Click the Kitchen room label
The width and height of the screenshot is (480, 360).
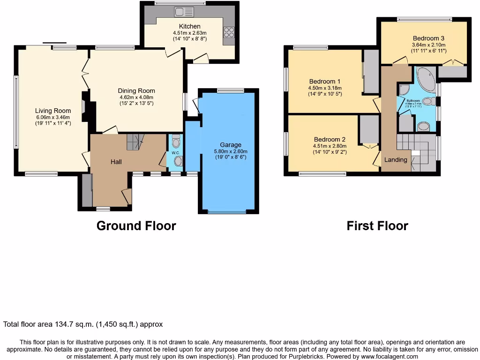point(189,26)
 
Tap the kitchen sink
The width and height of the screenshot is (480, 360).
point(180,12)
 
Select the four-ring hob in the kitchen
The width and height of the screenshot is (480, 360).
point(229,32)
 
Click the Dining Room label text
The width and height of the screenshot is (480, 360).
point(136,91)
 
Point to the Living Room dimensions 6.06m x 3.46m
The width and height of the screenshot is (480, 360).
point(53,117)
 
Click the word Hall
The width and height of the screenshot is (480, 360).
point(116,162)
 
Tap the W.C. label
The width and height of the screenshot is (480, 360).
point(175,153)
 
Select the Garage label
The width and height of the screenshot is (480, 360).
point(231,145)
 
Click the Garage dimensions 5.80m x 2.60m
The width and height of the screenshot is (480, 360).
point(231,151)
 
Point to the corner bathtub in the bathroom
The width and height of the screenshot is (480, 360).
point(426,80)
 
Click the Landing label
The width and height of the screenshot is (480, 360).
point(396,160)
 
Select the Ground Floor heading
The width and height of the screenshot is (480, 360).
point(136,226)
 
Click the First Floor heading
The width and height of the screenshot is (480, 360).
point(377,226)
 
